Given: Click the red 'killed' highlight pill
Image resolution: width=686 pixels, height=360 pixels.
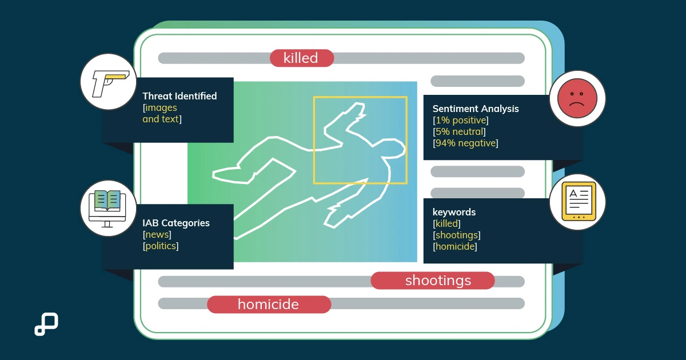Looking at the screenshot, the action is [x=302, y=58].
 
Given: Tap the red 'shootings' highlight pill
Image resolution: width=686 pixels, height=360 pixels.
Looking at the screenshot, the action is [x=432, y=281].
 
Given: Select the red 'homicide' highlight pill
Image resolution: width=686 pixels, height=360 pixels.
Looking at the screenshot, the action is [x=269, y=304].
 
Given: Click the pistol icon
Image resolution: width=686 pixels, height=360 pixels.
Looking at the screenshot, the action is [x=110, y=83].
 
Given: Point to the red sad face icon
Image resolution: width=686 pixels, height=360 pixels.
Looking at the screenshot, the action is [x=577, y=98].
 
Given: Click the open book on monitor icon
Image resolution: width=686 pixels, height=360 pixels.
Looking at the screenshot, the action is [x=107, y=209].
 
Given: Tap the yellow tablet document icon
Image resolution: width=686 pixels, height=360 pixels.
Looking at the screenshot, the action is [x=579, y=201].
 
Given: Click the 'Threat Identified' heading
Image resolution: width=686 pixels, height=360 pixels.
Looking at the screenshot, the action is [x=180, y=96].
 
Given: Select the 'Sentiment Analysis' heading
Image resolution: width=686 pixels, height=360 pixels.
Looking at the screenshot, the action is [x=476, y=109].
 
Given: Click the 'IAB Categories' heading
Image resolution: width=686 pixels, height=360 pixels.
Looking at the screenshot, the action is [x=176, y=223].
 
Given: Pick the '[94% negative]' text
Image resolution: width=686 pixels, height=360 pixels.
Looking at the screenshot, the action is [x=465, y=143].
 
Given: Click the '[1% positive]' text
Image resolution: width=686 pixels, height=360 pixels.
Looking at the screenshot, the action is [x=461, y=120].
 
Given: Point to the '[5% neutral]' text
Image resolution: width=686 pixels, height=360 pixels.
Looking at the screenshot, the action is [x=459, y=131].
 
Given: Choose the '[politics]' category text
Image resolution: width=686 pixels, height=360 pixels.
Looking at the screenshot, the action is [x=161, y=246].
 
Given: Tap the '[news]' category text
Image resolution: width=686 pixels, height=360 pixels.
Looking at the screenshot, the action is [x=157, y=234].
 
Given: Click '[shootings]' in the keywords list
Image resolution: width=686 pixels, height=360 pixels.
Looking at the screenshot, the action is [x=457, y=235].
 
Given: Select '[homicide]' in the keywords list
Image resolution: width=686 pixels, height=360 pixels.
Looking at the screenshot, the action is [x=455, y=246].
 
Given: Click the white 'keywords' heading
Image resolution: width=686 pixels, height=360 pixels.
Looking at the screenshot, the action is [x=454, y=212].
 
